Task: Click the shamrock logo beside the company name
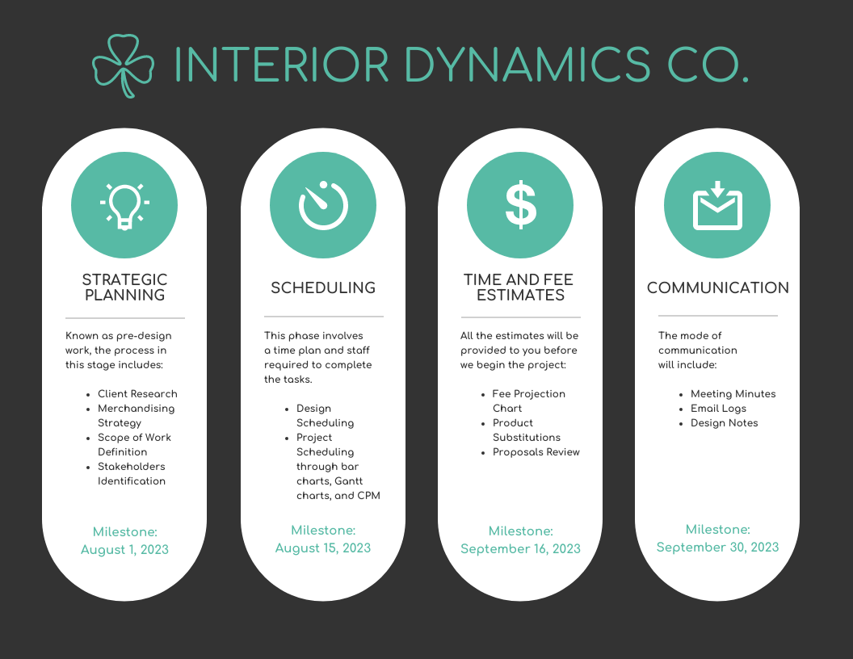click(x=123, y=65)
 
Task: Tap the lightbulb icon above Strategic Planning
click(x=124, y=205)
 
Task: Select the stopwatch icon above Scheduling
click(x=322, y=205)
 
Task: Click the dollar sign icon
click(x=520, y=205)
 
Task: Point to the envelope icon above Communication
click(x=717, y=205)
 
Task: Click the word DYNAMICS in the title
click(x=527, y=65)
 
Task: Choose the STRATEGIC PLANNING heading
click(x=124, y=288)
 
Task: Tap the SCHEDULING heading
click(x=323, y=288)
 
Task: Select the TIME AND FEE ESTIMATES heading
click(x=520, y=288)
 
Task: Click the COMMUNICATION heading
click(x=717, y=288)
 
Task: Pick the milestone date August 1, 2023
click(x=124, y=550)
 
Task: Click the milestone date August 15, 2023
click(x=323, y=548)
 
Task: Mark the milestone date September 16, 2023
click(x=520, y=549)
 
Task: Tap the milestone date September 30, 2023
click(x=717, y=548)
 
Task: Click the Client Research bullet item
click(x=137, y=394)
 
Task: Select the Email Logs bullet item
click(x=718, y=409)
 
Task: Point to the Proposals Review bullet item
click(x=536, y=452)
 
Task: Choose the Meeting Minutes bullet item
click(x=733, y=394)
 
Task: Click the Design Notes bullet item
click(x=724, y=423)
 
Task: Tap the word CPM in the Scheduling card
click(x=368, y=496)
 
